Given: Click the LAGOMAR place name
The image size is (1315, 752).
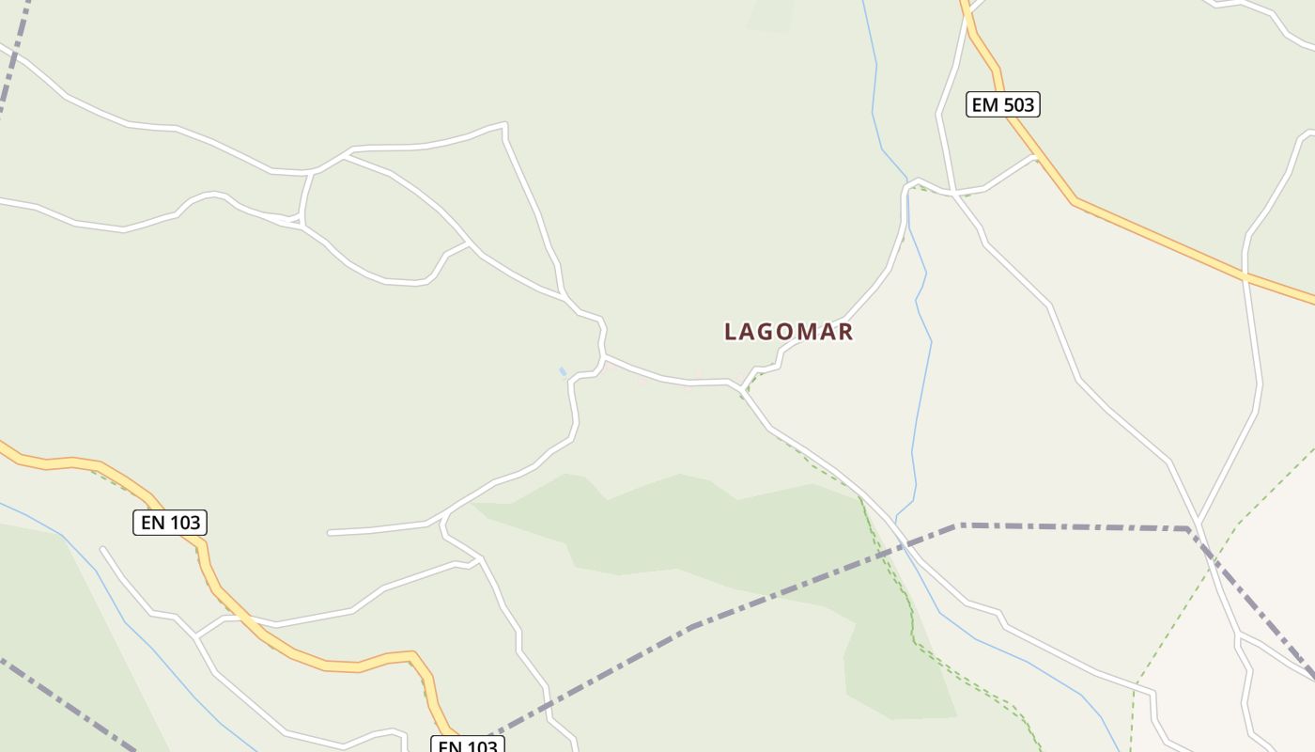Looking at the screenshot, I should [788, 332].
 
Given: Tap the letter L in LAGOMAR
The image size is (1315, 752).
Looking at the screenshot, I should [731, 332].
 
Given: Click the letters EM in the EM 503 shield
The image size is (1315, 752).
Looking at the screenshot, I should [985, 104].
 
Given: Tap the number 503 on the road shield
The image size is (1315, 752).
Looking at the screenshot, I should [1017, 104].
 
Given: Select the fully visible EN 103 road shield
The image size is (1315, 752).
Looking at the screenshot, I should [170, 523].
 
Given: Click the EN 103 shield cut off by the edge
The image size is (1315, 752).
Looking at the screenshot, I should [468, 745].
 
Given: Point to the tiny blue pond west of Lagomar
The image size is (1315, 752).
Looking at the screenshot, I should [563, 372].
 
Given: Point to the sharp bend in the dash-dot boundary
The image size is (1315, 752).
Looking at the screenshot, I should [1189, 529].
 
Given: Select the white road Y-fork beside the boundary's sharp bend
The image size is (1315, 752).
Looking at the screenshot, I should [1199, 522].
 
